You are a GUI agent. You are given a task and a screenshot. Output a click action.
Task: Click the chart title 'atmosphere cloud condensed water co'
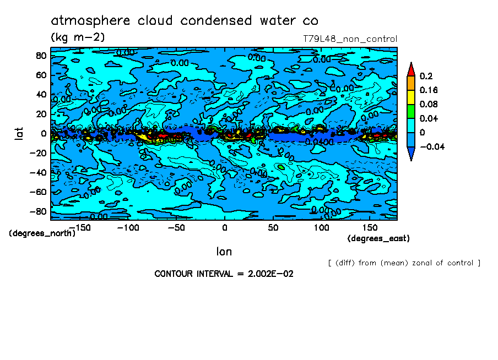pos(185,21)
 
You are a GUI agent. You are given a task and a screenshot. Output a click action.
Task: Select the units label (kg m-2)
pos(78,37)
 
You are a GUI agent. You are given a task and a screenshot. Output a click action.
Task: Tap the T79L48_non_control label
pos(350,39)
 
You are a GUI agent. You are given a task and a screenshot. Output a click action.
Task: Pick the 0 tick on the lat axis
pos(42,134)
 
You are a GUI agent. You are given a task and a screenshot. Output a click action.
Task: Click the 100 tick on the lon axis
pos(322,227)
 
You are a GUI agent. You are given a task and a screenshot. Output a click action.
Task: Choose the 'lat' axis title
pos(19,133)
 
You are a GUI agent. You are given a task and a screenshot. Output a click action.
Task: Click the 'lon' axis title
pos(224,252)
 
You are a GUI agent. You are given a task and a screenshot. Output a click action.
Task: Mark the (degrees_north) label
pos(42,233)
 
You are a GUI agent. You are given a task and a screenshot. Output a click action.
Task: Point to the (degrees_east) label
pos(378,238)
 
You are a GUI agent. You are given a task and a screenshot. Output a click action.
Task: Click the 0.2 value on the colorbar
pos(425,76)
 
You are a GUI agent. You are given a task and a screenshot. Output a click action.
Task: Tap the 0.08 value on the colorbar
pos(429,105)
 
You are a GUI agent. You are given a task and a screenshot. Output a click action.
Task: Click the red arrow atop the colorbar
pos(411,68)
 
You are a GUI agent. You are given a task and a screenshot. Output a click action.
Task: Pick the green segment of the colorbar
pos(411,111)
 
